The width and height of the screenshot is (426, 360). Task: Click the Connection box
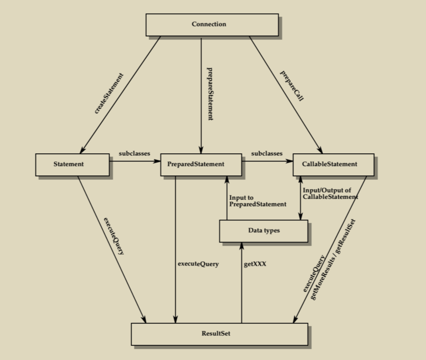[212, 24]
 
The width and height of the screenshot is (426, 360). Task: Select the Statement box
[72, 164]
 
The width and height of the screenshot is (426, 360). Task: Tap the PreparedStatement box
[201, 164]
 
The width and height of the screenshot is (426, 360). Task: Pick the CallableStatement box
[333, 164]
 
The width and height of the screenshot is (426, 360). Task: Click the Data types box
[264, 231]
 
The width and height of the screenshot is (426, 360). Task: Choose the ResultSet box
[219, 334]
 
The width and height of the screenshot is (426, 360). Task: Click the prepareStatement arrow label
[210, 94]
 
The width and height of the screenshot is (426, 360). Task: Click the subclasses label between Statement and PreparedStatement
[134, 153]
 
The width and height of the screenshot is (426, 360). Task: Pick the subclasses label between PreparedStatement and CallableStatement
[267, 153]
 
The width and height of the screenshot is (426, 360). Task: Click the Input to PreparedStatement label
[257, 201]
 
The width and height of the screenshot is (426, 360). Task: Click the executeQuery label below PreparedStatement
[198, 264]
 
